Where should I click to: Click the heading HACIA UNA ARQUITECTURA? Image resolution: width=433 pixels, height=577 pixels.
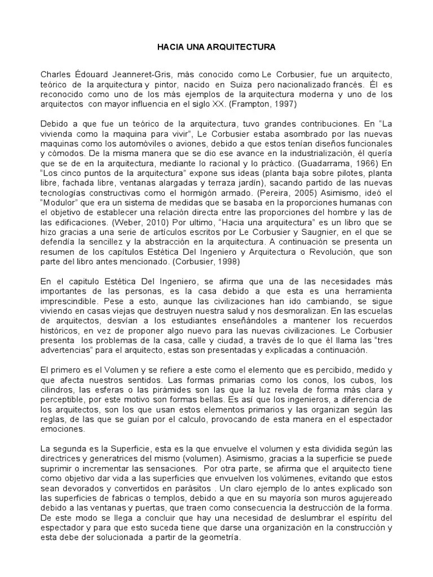click(216, 47)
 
